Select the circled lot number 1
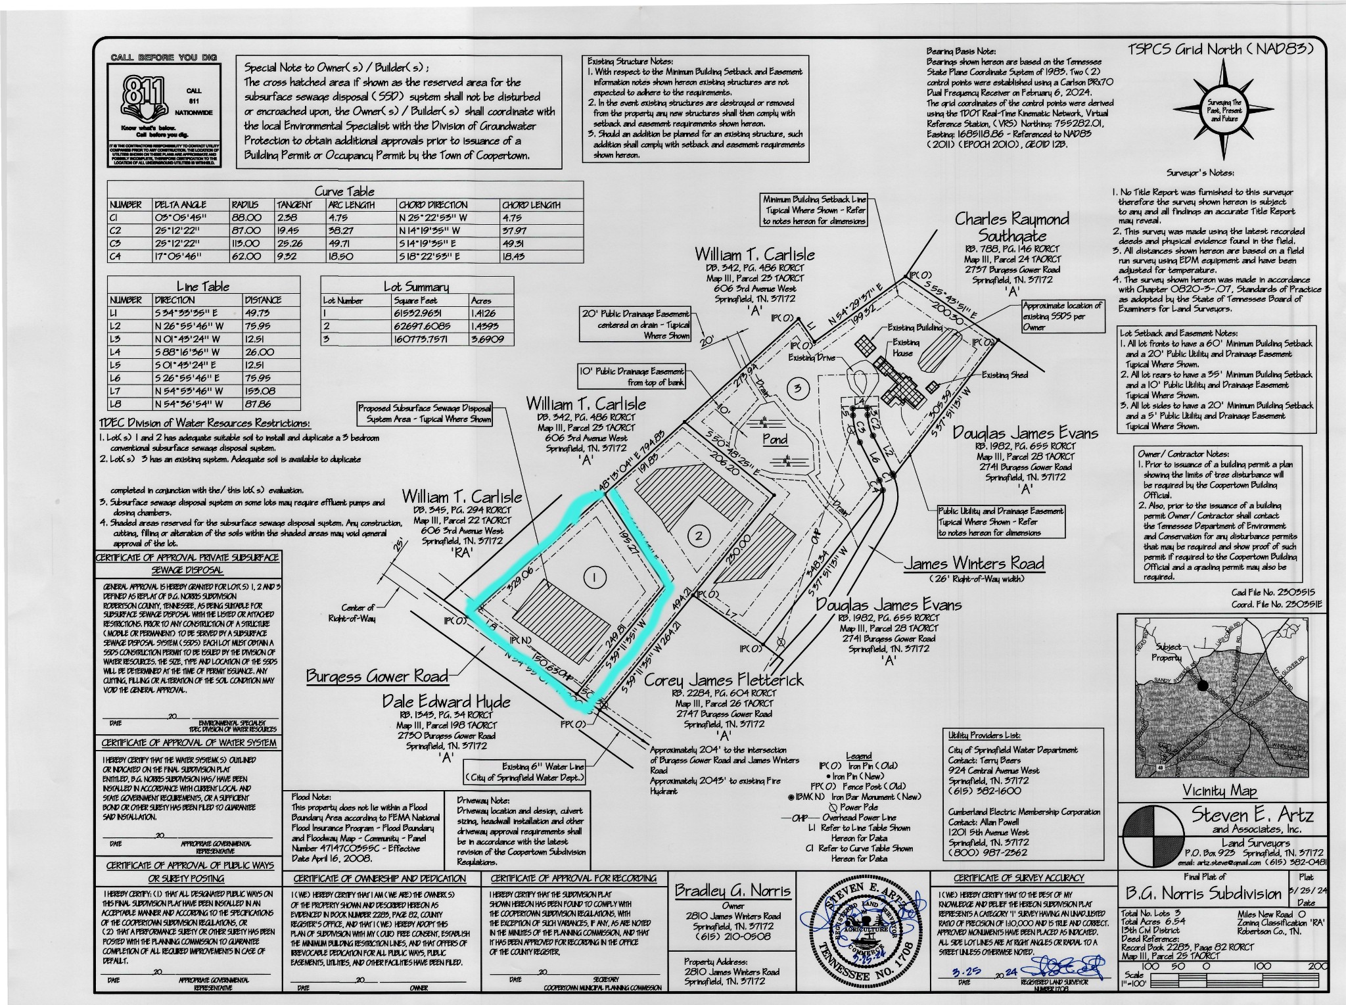pyautogui.click(x=594, y=578)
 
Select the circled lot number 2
pyautogui.click(x=699, y=536)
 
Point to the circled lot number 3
pyautogui.click(x=797, y=388)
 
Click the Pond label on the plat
pyautogui.click(x=775, y=439)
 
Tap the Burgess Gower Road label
pyautogui.click(x=377, y=676)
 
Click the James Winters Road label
pyautogui.click(x=973, y=563)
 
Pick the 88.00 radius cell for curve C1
pyautogui.click(x=246, y=218)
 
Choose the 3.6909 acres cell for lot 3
pyautogui.click(x=487, y=339)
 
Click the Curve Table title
pyautogui.click(x=344, y=191)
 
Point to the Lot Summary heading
pyautogui.click(x=416, y=287)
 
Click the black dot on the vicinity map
pyautogui.click(x=1203, y=685)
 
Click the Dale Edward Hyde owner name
pyautogui.click(x=446, y=702)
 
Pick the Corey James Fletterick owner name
pyautogui.click(x=723, y=680)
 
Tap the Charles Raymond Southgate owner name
pyautogui.click(x=1011, y=227)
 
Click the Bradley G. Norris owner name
pyautogui.click(x=733, y=891)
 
